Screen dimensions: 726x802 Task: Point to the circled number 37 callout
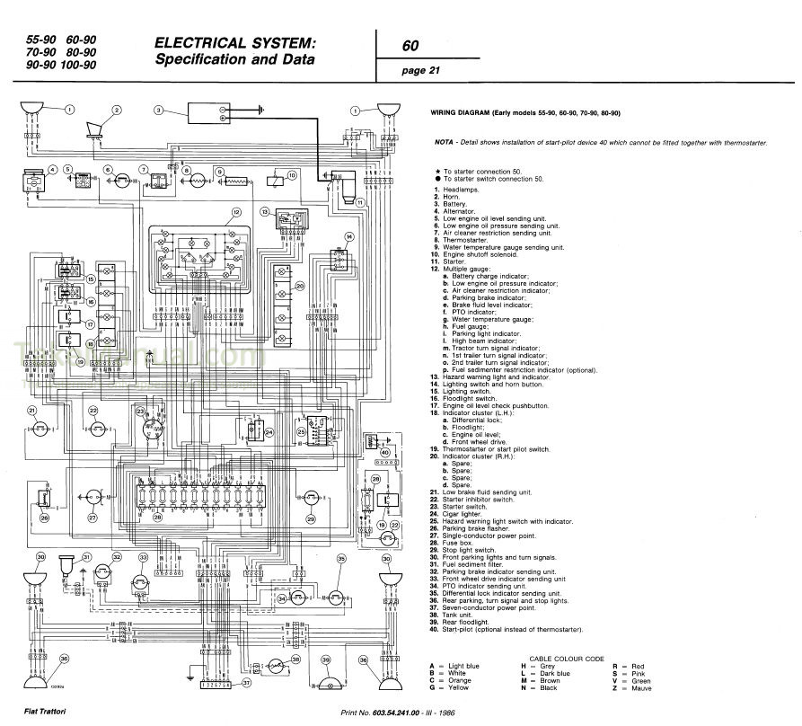click(x=246, y=683)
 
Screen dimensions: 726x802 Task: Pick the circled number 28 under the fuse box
click(x=158, y=518)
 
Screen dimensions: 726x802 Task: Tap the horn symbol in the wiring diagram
click(x=93, y=130)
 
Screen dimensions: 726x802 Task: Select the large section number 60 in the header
click(x=410, y=46)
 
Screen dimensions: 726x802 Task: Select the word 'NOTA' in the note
click(x=444, y=142)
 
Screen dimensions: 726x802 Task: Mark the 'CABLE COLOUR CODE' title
click(x=567, y=658)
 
